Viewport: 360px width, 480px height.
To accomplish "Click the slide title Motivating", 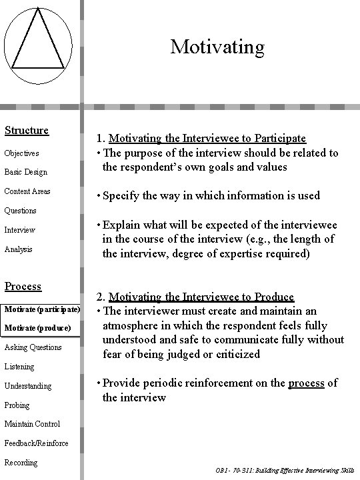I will [217, 47].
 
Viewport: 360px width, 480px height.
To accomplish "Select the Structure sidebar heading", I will [27, 130].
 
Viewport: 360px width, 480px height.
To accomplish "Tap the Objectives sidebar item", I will [22, 153].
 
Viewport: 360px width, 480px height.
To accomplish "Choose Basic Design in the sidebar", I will [26, 172].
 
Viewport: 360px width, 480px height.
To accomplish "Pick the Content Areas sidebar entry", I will [27, 191].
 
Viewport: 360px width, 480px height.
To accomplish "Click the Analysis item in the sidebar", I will [19, 249].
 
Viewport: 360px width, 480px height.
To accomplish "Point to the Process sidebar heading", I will [23, 286].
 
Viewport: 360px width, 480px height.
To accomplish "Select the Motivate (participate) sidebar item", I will [42, 309].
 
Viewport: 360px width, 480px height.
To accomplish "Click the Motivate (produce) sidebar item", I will [37, 328].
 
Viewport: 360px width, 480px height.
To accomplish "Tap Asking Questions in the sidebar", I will [33, 347].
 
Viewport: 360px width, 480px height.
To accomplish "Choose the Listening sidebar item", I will [20, 366].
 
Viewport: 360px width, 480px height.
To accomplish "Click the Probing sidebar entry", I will [18, 405].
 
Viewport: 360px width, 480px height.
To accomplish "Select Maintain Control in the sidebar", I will [32, 424].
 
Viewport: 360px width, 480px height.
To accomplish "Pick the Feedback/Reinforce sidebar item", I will [36, 443].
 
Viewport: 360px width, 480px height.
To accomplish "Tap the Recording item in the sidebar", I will [21, 462].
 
